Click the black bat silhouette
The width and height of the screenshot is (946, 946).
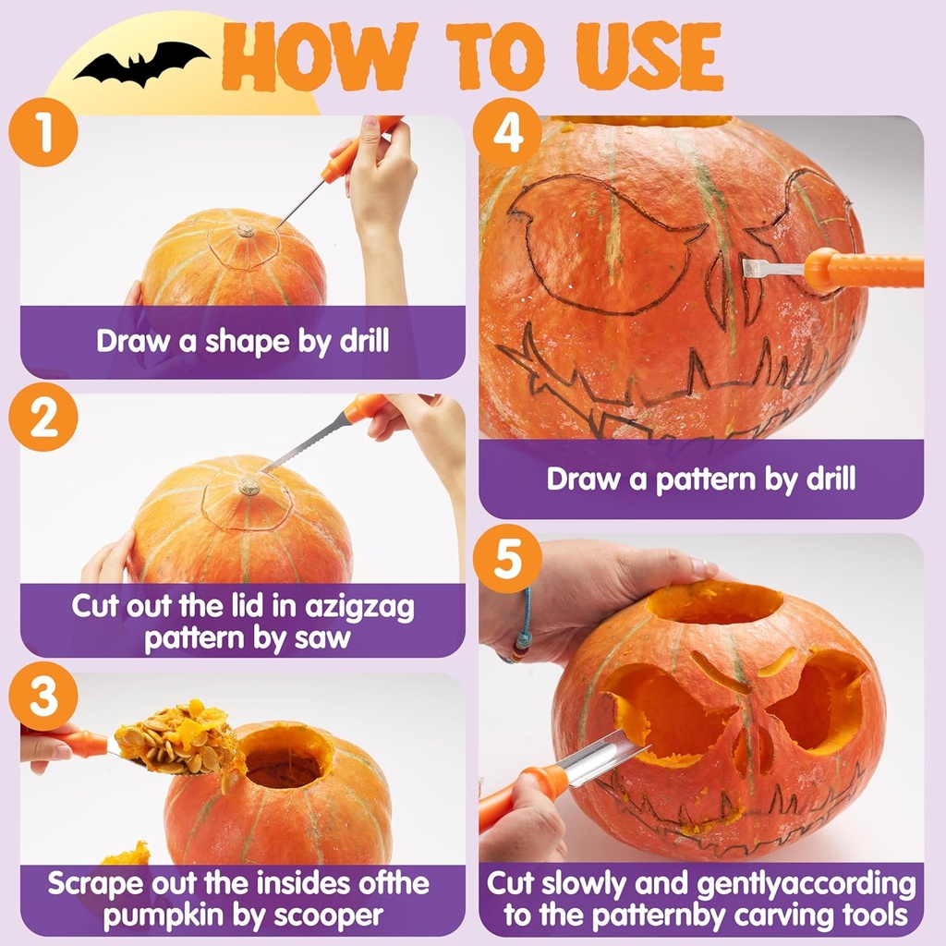tap(140, 64)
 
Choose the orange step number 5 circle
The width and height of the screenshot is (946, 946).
tap(507, 559)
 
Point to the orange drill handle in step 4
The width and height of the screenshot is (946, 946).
tap(864, 270)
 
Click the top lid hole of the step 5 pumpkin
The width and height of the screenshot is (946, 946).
tap(713, 602)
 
